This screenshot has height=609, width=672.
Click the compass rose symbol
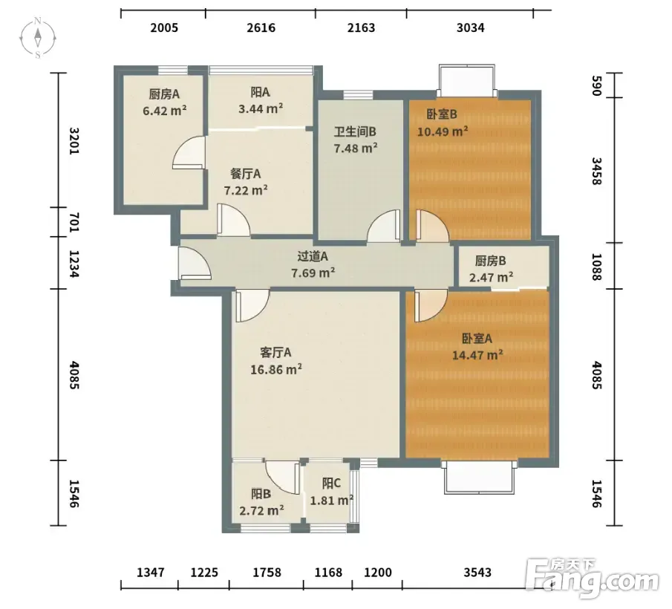(x=38, y=38)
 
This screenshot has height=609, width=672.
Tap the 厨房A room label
(x=164, y=94)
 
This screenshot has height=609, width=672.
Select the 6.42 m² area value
(x=165, y=111)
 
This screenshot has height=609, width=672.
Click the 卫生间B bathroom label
(x=355, y=131)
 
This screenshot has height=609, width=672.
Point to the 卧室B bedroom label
(x=442, y=114)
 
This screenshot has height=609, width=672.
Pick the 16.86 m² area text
(x=276, y=369)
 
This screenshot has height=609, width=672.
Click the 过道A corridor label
(x=313, y=256)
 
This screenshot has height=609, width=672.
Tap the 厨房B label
(x=491, y=261)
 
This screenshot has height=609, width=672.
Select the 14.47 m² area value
(x=477, y=355)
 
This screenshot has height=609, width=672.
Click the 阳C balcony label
(x=331, y=483)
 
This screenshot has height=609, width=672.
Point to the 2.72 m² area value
(x=261, y=510)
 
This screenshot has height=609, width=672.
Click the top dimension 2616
(x=261, y=28)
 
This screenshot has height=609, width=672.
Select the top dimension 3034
(x=471, y=28)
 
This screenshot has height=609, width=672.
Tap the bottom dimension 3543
(x=477, y=573)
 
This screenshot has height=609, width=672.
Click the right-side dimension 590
(x=596, y=85)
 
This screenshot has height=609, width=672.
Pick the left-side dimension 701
(x=74, y=222)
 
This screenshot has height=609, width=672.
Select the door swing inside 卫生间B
(x=384, y=225)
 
